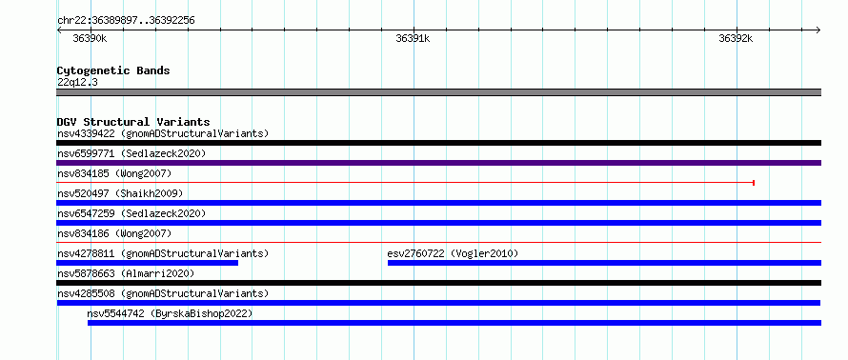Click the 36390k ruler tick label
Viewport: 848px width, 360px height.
coord(90,38)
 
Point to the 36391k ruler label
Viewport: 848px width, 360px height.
coord(413,38)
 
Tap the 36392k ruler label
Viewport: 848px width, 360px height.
coord(736,38)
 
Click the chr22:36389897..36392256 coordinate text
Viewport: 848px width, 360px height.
coord(126,21)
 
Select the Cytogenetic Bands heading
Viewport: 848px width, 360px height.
coord(113,70)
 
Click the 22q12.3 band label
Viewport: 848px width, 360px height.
coord(77,83)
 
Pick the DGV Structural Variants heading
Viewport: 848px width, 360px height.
coord(133,122)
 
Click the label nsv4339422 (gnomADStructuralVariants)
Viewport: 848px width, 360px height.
coord(163,133)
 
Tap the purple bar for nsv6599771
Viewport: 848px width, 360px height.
coord(438,163)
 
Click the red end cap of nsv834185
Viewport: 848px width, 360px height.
coord(754,183)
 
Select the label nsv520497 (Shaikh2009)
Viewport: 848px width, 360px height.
coord(120,193)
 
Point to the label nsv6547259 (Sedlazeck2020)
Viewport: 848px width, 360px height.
coord(131,213)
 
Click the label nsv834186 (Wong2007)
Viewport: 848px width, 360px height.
coord(114,233)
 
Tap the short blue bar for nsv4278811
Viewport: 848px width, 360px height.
coord(147,263)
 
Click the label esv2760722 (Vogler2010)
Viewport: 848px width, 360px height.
coord(453,253)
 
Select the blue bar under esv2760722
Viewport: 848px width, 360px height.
coord(605,263)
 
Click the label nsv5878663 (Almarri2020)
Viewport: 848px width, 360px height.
coord(126,273)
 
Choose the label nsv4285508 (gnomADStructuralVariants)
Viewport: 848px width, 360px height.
coord(163,293)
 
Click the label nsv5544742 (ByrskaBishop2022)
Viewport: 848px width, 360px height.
coord(170,313)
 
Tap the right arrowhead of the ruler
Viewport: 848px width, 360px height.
coord(818,30)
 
